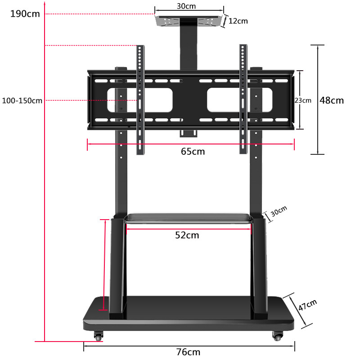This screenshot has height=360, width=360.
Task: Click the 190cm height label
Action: click(x=25, y=13)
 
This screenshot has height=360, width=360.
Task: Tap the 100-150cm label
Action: click(x=22, y=100)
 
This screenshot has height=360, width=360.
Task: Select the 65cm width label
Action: click(x=193, y=152)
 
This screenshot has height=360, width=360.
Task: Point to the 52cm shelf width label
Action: click(x=187, y=235)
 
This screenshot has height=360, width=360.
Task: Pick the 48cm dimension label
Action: click(x=332, y=100)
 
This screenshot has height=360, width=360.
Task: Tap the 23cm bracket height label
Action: click(x=303, y=100)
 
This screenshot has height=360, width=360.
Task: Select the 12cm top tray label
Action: click(x=238, y=21)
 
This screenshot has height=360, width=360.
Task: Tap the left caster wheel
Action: click(x=98, y=336)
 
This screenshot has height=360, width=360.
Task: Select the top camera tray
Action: click(x=189, y=22)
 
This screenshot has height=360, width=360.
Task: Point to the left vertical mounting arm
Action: click(x=140, y=99)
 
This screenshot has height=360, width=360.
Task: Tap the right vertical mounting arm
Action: click(x=243, y=99)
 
